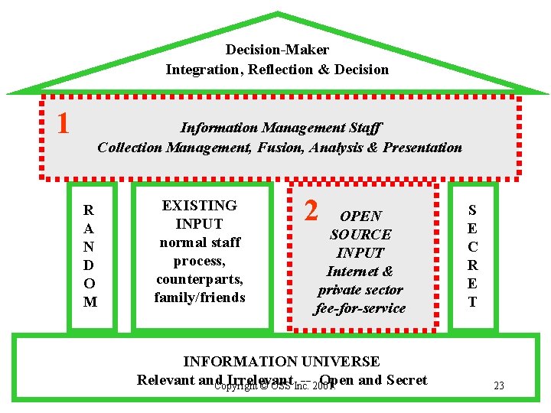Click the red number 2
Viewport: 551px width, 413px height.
coord(311,210)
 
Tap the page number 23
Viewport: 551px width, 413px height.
coord(499,385)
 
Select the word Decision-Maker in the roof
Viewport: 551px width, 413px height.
coord(277,50)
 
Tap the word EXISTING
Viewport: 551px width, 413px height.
coord(199,205)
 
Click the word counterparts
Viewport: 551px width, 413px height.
coord(199,278)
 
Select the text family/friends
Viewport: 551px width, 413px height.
coord(199,297)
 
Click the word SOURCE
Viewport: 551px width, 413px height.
coord(360,235)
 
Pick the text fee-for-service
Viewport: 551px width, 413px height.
coord(360,308)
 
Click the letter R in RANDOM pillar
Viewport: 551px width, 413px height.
coord(90,210)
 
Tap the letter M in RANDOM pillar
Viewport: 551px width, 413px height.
coord(90,302)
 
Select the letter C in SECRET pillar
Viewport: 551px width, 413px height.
coord(472,247)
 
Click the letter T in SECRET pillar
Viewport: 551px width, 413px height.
coord(472,302)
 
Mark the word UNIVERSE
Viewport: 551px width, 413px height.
coord(341,361)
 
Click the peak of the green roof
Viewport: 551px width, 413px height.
coord(277,14)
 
